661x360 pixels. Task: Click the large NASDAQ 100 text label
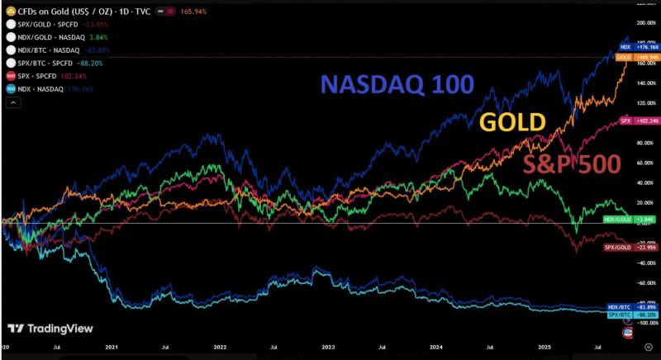coord(397,84)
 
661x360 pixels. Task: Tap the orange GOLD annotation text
coord(513,122)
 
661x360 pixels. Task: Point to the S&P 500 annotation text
coord(571,164)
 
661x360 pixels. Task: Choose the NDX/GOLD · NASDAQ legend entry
coord(49,37)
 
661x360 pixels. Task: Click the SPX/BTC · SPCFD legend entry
coord(46,62)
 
